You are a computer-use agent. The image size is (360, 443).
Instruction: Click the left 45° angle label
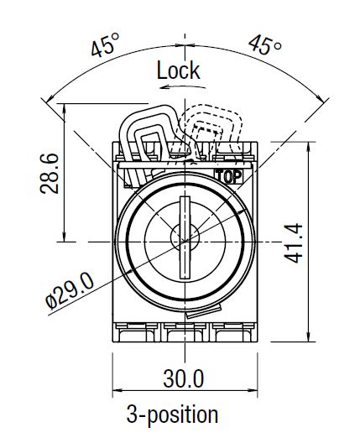pos(106,44)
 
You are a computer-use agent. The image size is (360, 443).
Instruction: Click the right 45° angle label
pos(265,44)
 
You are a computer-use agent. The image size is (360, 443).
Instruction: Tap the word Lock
pos(178,70)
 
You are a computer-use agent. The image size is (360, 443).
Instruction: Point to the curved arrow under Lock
pos(183,86)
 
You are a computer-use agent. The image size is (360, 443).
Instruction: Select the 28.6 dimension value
pos(50,174)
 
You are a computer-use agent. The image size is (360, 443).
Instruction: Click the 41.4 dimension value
pos(293,243)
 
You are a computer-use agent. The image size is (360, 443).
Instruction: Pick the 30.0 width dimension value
pos(184,378)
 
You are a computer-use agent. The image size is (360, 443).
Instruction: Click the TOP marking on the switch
pos(228,176)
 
